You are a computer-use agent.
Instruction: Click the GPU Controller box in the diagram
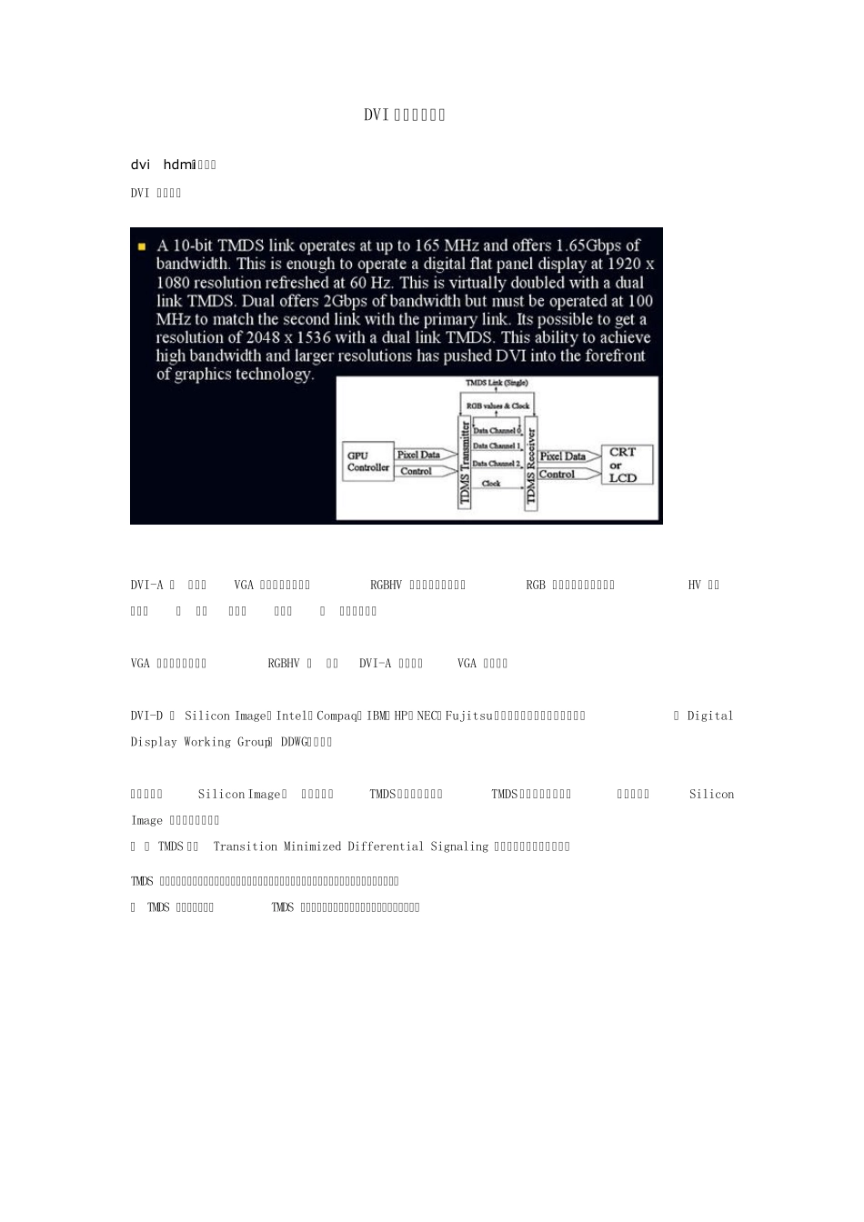pos(367,461)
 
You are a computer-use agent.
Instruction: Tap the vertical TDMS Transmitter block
pos(465,462)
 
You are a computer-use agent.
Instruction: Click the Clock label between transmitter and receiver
pos(491,484)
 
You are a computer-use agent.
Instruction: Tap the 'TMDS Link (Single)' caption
pos(497,384)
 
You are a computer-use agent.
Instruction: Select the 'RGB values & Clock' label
pos(497,406)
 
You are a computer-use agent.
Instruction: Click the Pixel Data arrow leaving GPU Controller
pos(424,455)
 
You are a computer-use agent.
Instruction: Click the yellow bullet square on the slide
pos(142,246)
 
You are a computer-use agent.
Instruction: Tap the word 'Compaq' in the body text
pos(336,716)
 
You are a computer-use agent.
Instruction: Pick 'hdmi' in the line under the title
pos(179,165)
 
